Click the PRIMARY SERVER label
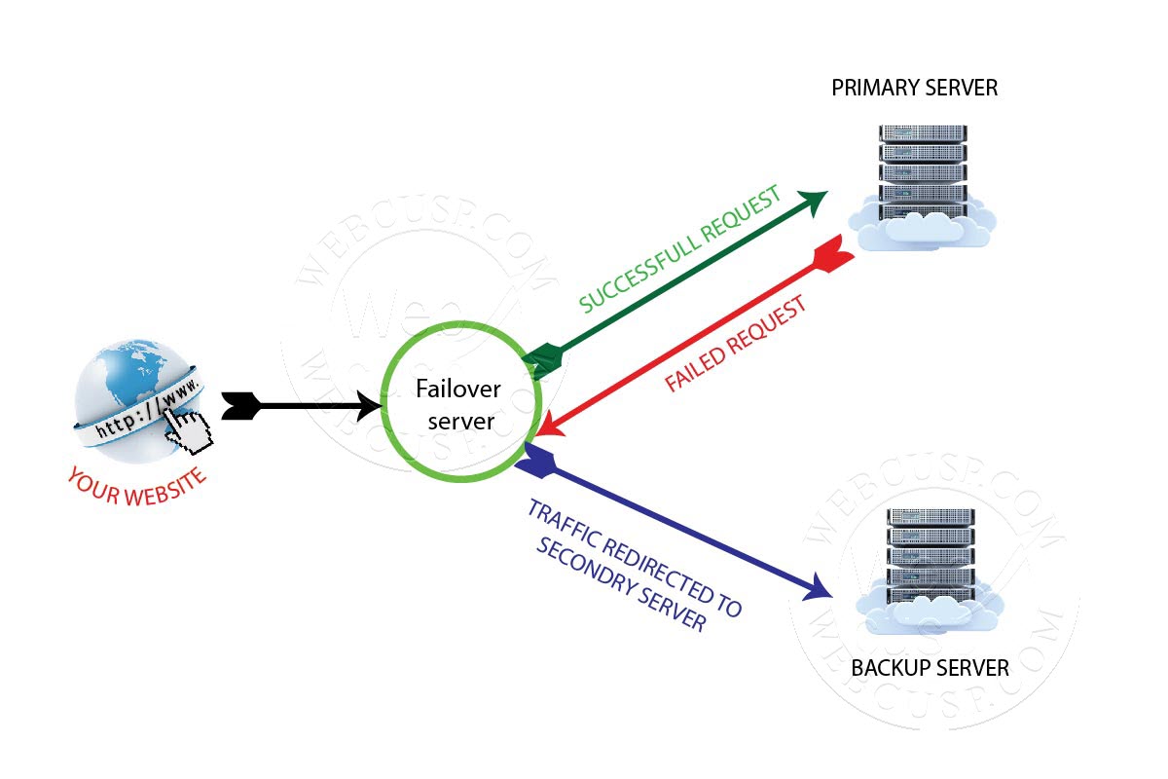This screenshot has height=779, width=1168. (x=914, y=89)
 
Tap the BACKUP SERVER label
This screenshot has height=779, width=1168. (x=930, y=669)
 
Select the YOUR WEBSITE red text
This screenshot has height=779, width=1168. (x=137, y=485)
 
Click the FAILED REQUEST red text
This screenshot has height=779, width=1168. (x=737, y=345)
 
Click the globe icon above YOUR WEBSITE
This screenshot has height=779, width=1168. (x=136, y=385)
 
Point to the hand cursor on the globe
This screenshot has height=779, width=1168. (x=189, y=429)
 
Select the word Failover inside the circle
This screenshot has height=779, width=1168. (x=458, y=389)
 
